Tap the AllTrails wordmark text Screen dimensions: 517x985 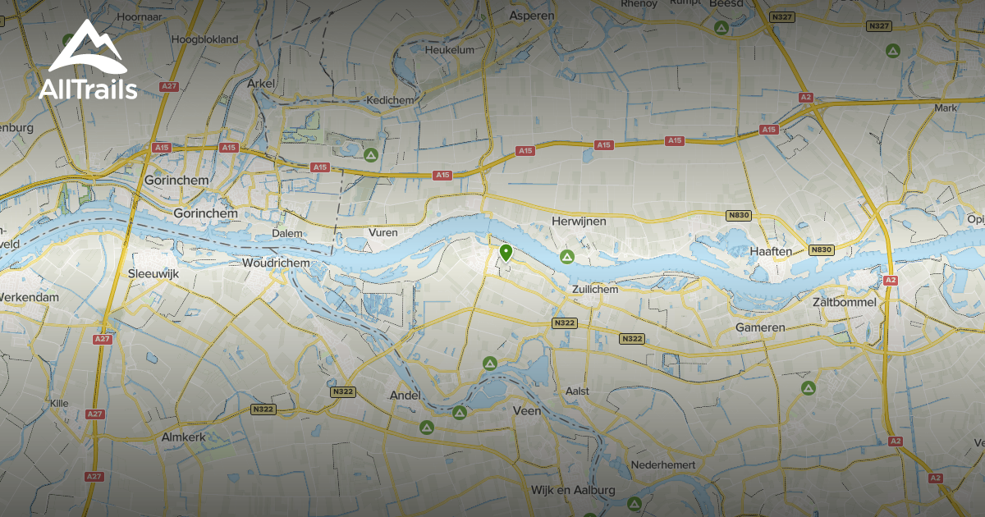click(x=88, y=89)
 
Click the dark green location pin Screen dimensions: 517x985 click(x=506, y=252)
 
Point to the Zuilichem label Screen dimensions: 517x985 click(x=595, y=289)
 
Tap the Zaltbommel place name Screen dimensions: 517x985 click(x=844, y=302)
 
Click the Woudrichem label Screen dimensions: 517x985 click(x=277, y=263)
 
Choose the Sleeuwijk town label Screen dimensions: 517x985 click(x=154, y=272)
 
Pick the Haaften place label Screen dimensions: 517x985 click(x=771, y=251)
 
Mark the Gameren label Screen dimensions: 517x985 click(x=759, y=327)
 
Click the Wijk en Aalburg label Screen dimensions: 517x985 click(x=573, y=490)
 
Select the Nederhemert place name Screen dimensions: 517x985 click(x=663, y=465)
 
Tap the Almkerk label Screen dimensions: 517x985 click(x=183, y=437)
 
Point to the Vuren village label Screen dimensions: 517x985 click(x=383, y=232)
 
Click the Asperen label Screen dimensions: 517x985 click(x=532, y=15)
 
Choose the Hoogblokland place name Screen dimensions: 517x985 click(x=204, y=39)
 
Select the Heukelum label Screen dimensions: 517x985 click(x=450, y=49)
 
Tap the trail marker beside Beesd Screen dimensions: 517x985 click(x=721, y=29)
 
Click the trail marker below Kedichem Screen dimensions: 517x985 click(x=371, y=153)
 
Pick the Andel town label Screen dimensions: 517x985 click(x=405, y=396)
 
